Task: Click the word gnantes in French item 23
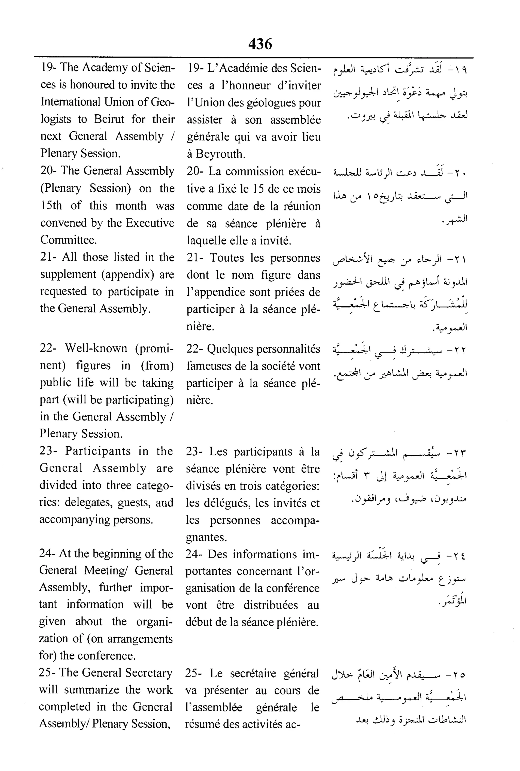coord(205,537)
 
